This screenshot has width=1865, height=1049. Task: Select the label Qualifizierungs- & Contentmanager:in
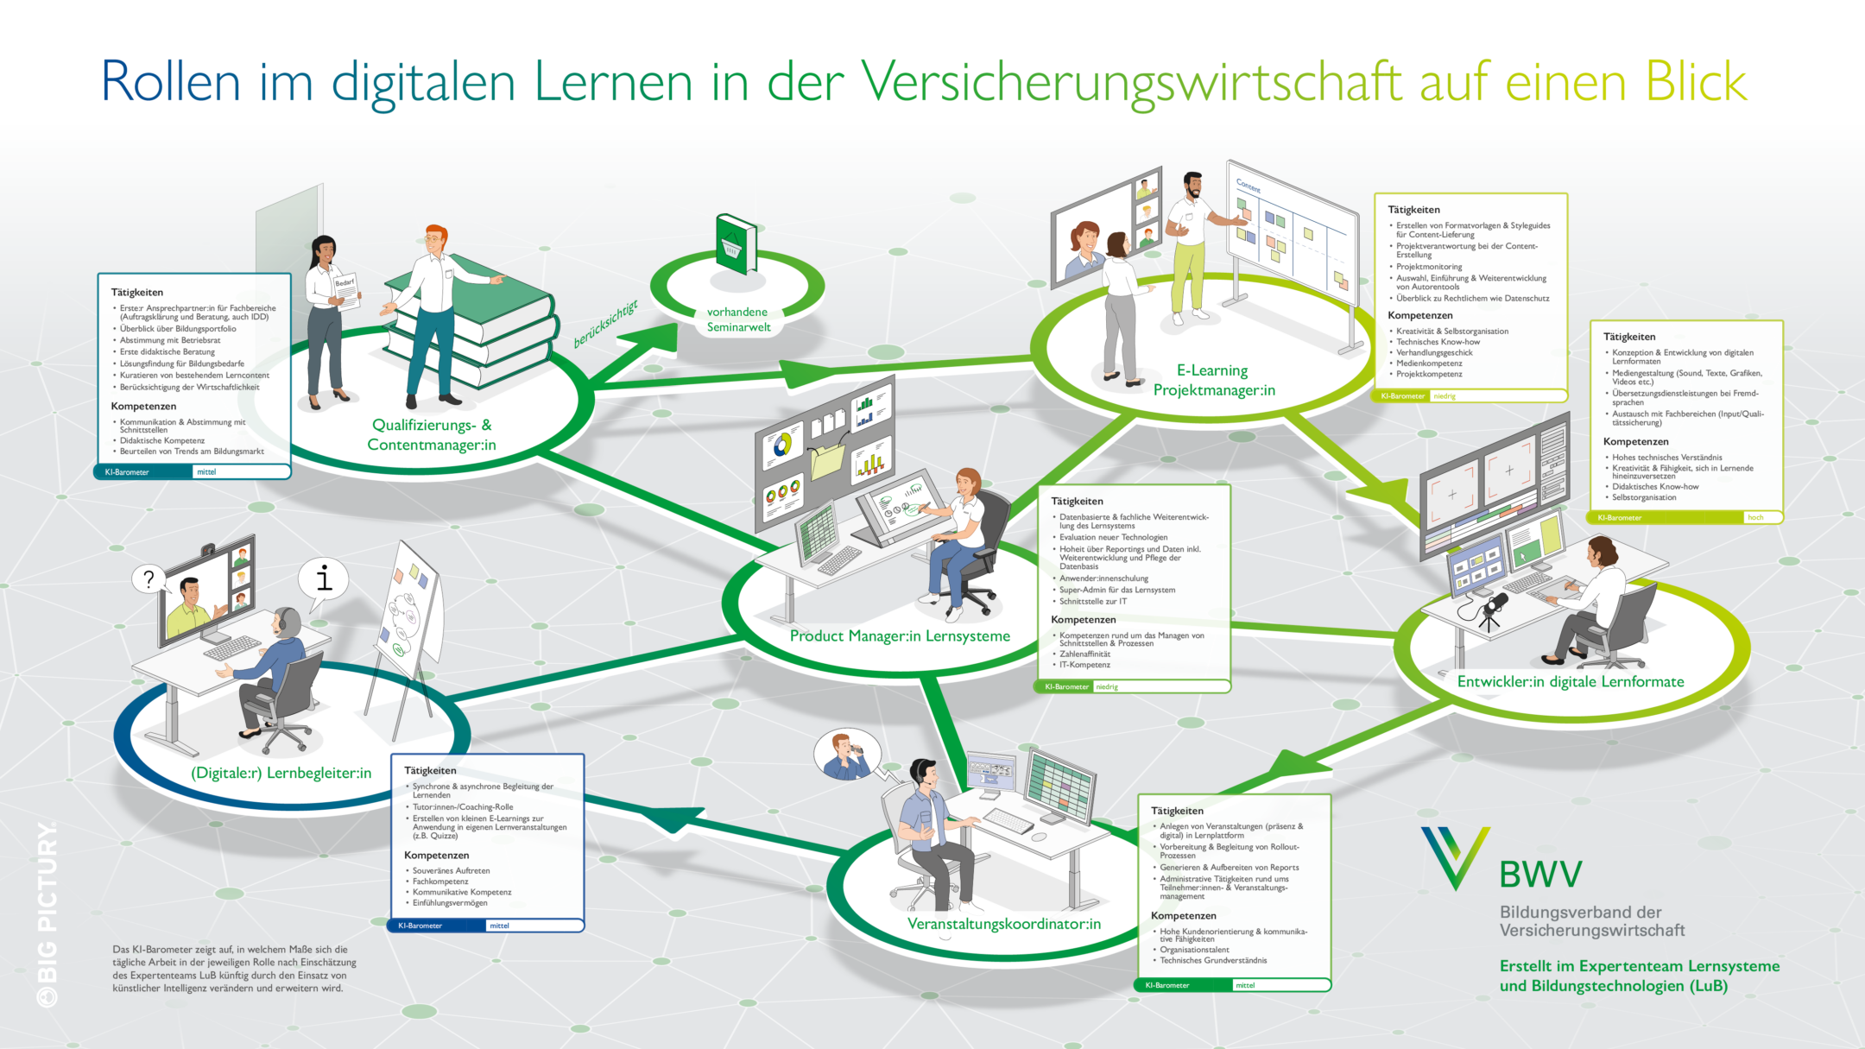[x=432, y=435]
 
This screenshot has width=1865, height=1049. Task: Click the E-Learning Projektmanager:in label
[x=1213, y=380]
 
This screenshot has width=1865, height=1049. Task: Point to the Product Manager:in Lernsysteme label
[x=900, y=636]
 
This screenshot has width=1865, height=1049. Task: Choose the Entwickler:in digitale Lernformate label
[x=1570, y=682]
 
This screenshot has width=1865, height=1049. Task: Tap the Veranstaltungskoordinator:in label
[x=1003, y=924]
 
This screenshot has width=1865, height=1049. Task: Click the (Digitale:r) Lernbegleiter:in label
[x=281, y=773]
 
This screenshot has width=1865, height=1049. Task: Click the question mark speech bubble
[x=149, y=578]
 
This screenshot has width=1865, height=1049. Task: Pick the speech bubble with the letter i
[x=324, y=577]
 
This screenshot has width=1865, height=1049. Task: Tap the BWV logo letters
[x=1540, y=875]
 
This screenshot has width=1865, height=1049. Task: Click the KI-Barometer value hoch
[x=1755, y=518]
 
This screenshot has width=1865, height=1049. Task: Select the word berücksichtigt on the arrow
[x=605, y=324]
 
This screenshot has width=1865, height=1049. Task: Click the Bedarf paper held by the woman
[x=345, y=290]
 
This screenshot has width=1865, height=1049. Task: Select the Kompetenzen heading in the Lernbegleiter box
[x=436, y=855]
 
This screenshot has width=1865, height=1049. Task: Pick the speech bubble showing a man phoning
[x=846, y=755]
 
